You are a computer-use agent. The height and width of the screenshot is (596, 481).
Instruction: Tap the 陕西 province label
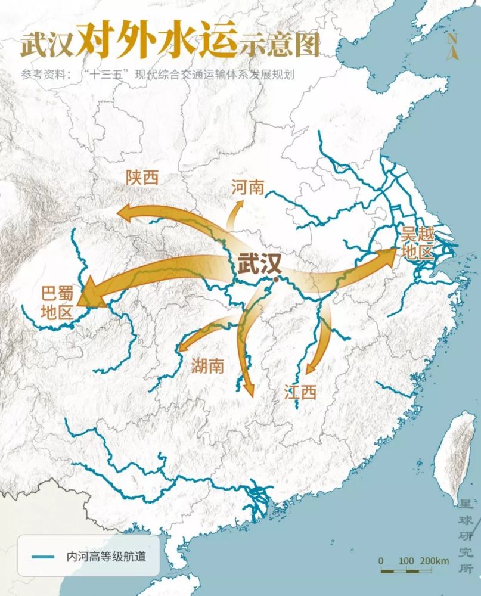(x=142, y=177)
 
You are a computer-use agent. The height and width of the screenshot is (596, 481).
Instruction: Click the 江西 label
(x=300, y=392)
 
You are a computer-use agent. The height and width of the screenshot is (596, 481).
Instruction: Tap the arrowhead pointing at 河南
(x=241, y=204)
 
